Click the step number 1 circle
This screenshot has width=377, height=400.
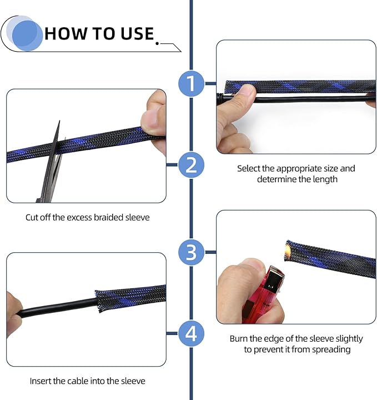(192, 84)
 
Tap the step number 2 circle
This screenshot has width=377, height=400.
(192, 166)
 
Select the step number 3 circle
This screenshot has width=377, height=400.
(192, 253)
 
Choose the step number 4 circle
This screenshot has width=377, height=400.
(192, 334)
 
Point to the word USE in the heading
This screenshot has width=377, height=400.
(135, 33)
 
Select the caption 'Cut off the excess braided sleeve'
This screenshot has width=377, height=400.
(88, 218)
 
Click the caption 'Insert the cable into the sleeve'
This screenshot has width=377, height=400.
(87, 381)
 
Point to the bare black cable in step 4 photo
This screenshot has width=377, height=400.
(61, 307)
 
